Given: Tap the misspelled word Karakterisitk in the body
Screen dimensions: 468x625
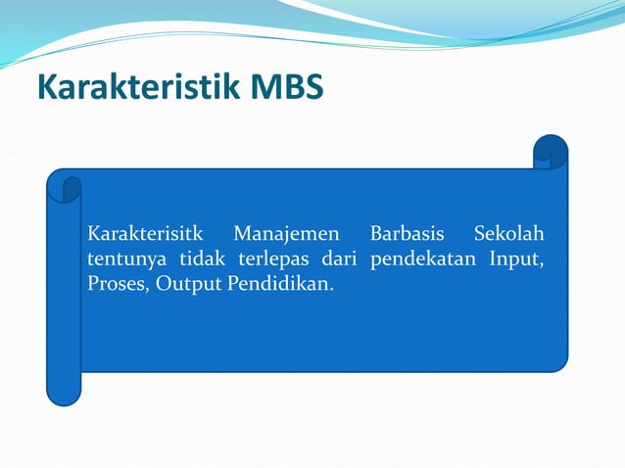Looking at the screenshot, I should (145, 235).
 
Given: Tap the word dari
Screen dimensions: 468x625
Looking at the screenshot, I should (338, 260).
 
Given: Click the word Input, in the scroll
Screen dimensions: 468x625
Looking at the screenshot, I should (518, 260).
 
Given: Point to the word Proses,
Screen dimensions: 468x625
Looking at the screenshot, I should (117, 286).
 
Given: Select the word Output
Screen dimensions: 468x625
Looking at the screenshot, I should (178, 286).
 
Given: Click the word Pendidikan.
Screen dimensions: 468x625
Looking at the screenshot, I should (274, 286).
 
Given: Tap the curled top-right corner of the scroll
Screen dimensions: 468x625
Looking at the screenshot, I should (551, 152).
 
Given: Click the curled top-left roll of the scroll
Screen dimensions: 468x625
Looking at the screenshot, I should (64, 185).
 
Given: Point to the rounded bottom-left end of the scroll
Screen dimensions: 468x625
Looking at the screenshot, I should (64, 395).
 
